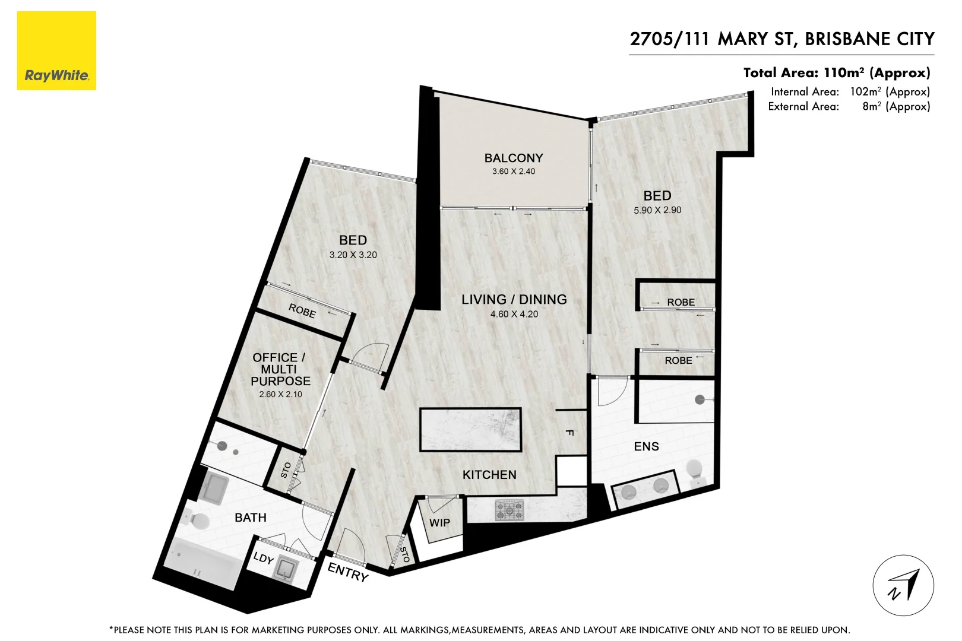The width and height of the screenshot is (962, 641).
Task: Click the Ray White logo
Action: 56,50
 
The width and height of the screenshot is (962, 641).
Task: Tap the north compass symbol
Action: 903,585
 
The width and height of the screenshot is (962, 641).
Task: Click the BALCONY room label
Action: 514,158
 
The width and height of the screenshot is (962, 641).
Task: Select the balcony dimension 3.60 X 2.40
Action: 514,172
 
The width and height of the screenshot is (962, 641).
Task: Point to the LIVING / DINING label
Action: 514,300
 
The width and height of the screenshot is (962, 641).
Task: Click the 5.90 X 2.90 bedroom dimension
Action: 657,210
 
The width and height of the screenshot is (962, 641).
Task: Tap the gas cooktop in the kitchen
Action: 510,511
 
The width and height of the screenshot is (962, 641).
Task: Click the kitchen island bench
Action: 470,429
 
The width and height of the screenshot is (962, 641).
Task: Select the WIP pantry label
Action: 439,523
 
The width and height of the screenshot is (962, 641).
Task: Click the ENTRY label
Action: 348,572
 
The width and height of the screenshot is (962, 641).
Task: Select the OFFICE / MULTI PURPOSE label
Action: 280,369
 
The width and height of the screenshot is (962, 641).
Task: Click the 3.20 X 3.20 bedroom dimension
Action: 353,255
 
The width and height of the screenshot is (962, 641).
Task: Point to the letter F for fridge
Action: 569,433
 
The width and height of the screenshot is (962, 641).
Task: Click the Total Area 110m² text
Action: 837,73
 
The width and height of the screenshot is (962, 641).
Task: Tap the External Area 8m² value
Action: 895,106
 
